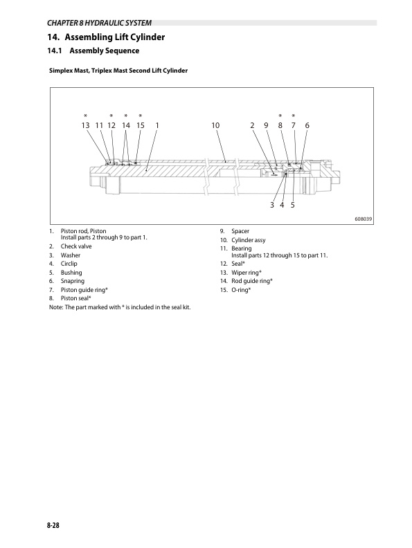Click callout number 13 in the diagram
[85, 125]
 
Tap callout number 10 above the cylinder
[215, 125]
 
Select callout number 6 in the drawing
[307, 125]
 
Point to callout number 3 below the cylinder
[271, 205]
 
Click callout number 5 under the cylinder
[293, 205]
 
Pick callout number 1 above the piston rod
[157, 125]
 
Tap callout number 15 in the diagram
[141, 125]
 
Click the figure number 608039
[364, 219]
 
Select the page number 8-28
[53, 525]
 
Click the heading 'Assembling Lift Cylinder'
[115, 37]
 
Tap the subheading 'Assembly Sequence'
[105, 51]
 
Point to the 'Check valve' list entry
[76, 246]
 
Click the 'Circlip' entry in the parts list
[69, 264]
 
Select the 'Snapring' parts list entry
[73, 281]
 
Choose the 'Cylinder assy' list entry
[249, 240]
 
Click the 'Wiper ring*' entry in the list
[247, 273]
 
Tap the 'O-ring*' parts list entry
[241, 290]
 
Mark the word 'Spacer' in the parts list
[240, 231]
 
